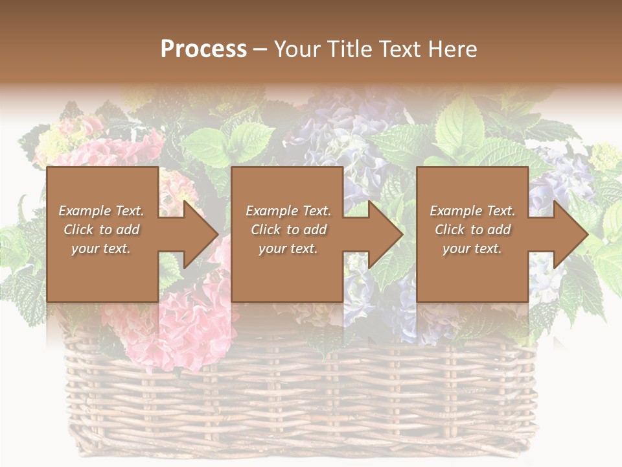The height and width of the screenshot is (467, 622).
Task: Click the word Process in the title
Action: coord(203,49)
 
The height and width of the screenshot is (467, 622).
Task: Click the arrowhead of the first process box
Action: coord(198,234)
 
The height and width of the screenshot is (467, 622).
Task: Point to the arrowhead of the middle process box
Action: coord(382,234)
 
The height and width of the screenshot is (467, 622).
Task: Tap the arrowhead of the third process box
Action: coord(567,234)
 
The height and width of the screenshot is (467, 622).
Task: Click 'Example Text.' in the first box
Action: coord(101,211)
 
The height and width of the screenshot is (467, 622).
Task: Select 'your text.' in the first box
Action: coord(101,248)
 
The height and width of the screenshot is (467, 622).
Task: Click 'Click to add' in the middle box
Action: coord(288,230)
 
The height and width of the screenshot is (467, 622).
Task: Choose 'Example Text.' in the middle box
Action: coord(288,211)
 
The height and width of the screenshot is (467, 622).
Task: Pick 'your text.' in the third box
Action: coord(472,248)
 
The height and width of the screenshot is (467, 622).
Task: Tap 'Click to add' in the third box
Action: coord(472,230)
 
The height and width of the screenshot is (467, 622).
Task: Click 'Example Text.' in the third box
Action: coord(472,211)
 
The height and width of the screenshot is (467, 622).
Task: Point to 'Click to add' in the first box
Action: coord(101,230)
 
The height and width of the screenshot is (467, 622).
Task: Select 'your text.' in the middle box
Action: coord(288,248)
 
